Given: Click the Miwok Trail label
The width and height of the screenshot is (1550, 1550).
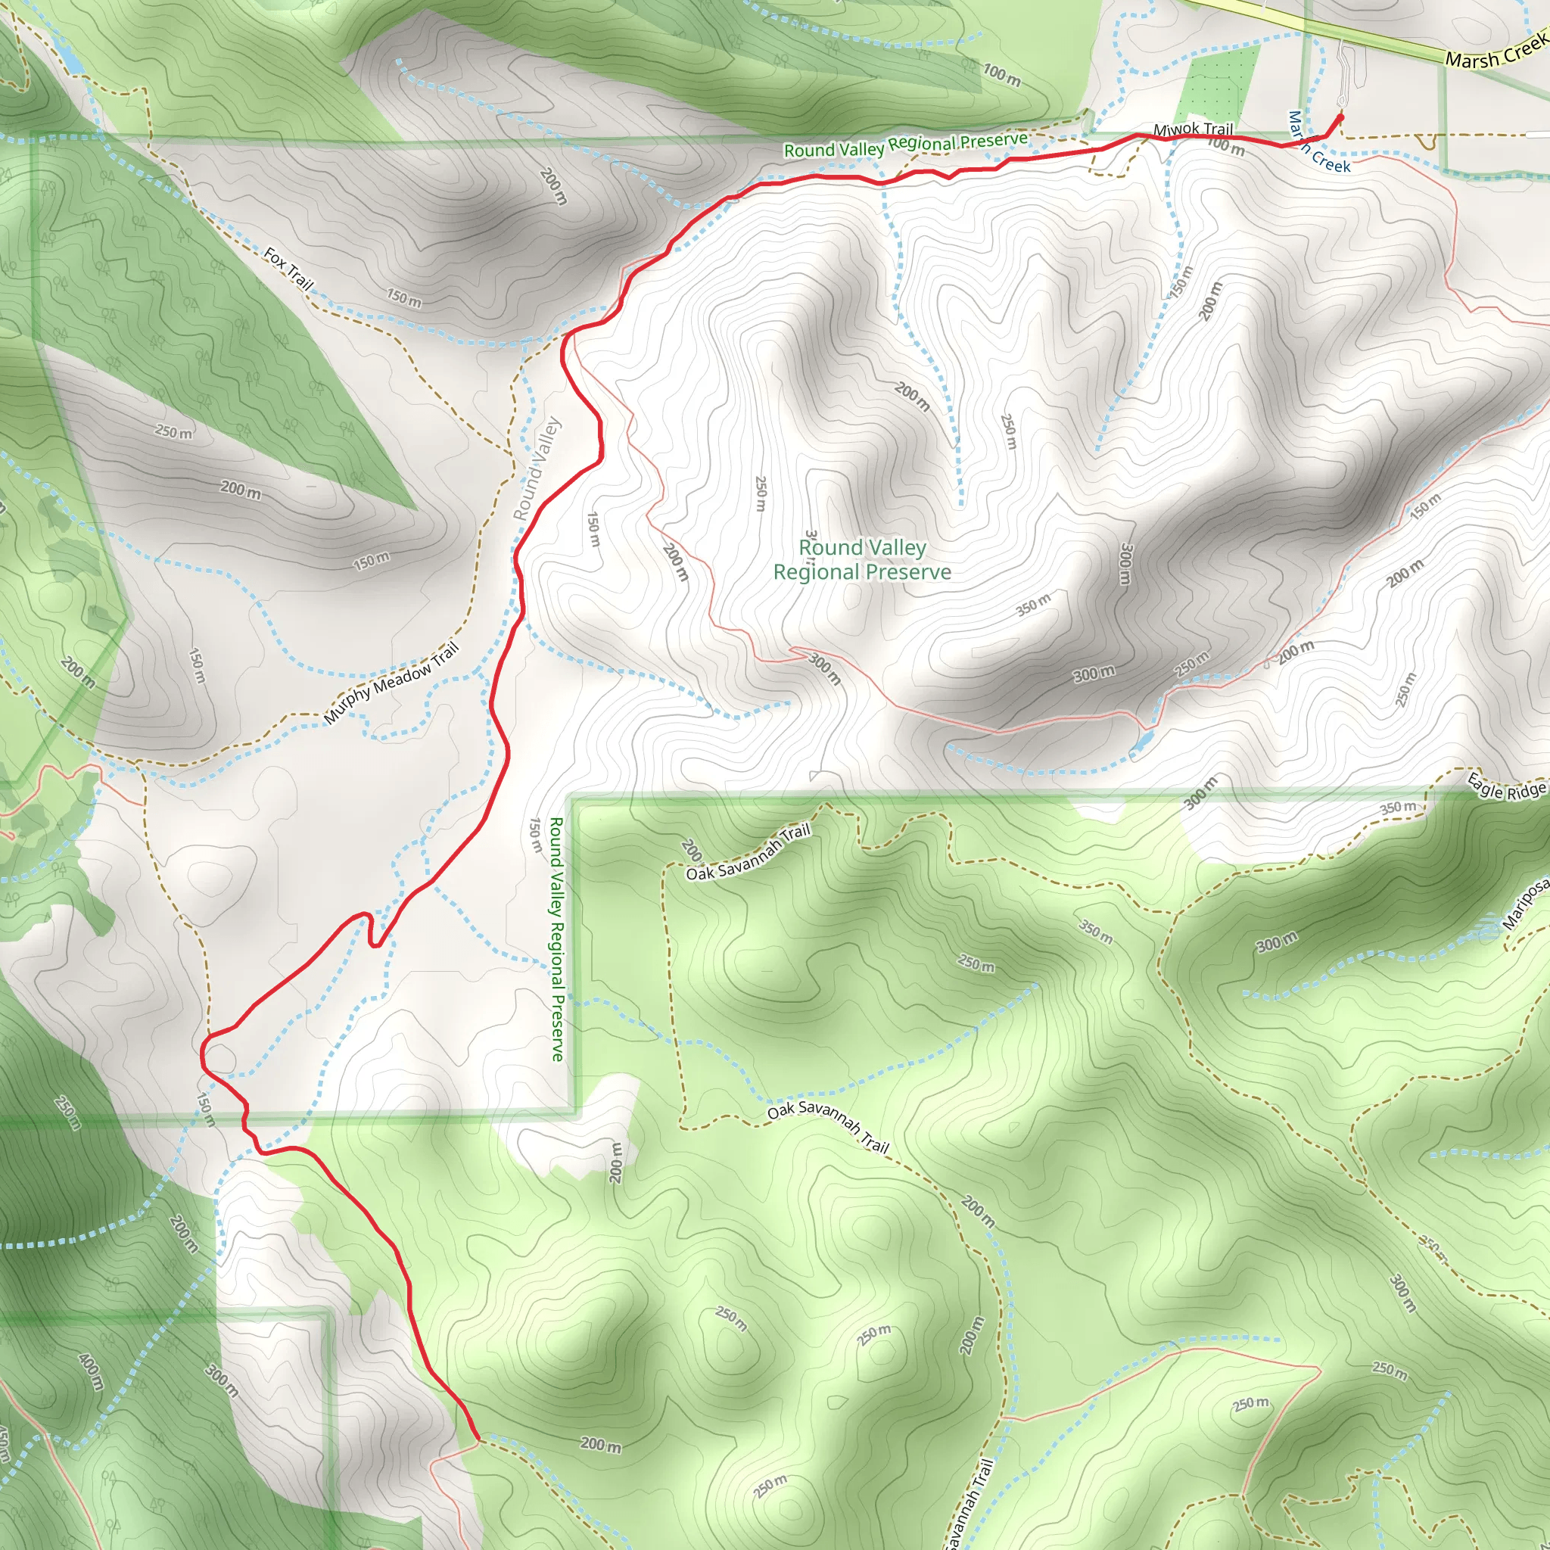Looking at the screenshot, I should coord(1192,129).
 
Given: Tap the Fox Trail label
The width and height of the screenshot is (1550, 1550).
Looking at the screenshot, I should coord(288,269).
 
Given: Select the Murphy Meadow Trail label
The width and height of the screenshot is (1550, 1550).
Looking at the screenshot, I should coord(391,683).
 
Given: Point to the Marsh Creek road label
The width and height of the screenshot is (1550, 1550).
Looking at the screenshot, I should coord(1496,51).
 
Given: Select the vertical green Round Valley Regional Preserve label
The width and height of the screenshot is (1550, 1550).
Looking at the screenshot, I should coord(557,938).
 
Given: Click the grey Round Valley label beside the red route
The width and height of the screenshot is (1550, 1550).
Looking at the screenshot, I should coord(536,469).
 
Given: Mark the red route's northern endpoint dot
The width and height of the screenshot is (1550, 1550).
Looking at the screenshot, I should coord(1339,117).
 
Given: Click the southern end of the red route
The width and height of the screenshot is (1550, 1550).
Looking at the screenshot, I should coord(478,1439).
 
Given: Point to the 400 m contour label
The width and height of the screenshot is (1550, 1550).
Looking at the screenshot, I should coord(91,1371).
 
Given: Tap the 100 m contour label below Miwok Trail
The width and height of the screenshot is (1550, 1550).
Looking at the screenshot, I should coord(1226,146).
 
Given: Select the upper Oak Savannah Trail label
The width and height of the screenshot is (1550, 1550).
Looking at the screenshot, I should coord(748,852).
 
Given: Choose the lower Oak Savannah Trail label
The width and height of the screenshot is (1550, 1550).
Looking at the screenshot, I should coord(828,1127).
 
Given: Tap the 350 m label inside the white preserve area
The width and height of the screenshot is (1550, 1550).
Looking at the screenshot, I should coord(1032,605).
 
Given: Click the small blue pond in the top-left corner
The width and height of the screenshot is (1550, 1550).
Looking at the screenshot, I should coord(70,61).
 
